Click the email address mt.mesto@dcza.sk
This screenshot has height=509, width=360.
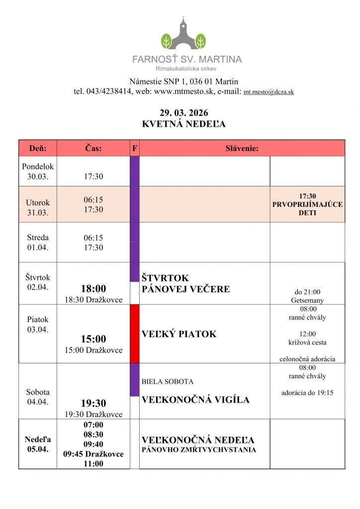click(269, 92)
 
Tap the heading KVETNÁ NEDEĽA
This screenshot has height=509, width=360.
click(184, 124)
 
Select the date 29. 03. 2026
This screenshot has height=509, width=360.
click(184, 113)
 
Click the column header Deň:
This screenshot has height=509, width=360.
click(38, 148)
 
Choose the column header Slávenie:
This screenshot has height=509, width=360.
click(242, 148)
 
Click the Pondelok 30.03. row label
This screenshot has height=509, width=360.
click(38, 171)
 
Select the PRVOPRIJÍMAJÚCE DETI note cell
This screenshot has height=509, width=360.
click(307, 204)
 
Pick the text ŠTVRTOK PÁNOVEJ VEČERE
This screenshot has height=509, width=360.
click(186, 283)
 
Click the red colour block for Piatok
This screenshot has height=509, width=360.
click(134, 334)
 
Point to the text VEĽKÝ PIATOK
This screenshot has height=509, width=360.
click(180, 334)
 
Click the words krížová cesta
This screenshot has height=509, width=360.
click(307, 342)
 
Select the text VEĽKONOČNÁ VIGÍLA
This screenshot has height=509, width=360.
click(196, 400)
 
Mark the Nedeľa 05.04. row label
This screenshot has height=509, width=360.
click(38, 444)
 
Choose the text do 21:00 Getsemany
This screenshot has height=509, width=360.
click(307, 296)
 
